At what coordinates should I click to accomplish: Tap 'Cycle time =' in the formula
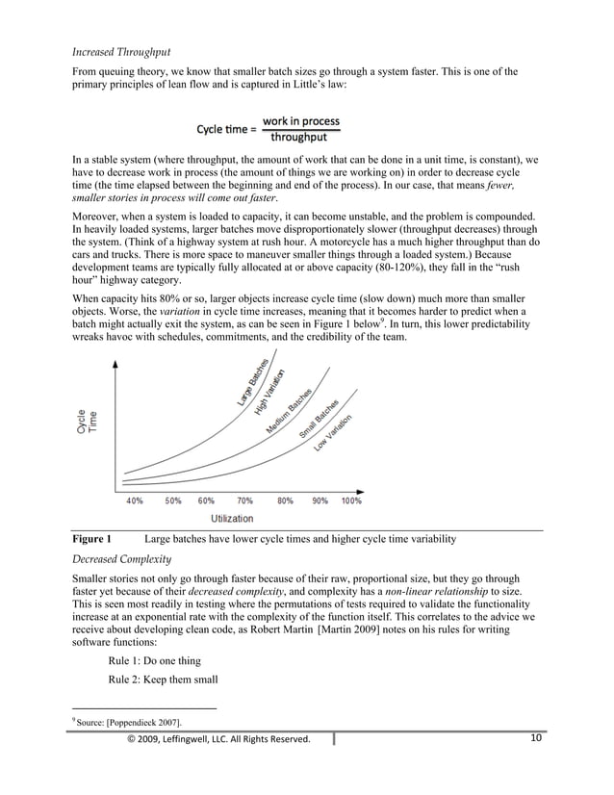(226, 128)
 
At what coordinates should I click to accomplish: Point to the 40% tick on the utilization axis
(134, 500)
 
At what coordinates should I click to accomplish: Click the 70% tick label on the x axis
(244, 500)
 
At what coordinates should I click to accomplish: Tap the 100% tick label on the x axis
(351, 500)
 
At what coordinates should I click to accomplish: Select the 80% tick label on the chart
(285, 500)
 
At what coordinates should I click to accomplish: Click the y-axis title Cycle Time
(87, 422)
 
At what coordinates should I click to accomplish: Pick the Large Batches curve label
(253, 381)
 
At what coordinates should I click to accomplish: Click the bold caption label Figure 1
(92, 539)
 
